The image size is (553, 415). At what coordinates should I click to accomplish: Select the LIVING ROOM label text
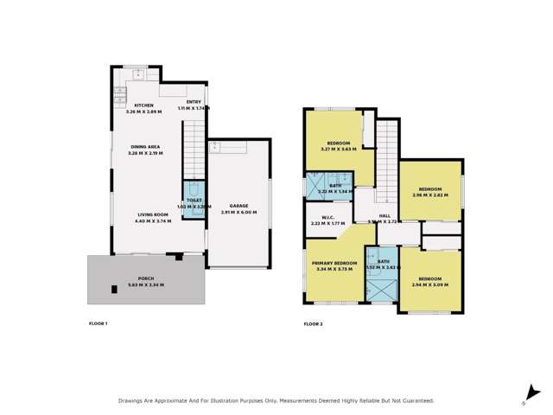pos(151,214)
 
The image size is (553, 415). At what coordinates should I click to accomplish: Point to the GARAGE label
pos(238,206)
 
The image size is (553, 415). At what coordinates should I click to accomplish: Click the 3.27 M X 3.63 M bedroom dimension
pos(338,150)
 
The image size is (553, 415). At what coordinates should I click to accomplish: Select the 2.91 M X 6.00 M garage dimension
pos(238,212)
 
